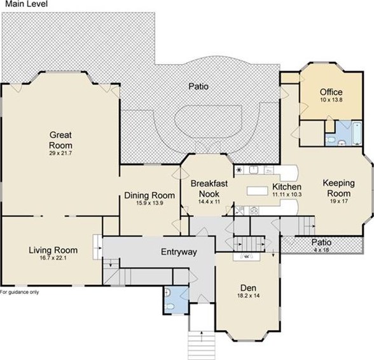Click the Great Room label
[x=60, y=140]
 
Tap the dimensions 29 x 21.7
[x=60, y=153]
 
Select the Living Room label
[x=53, y=250]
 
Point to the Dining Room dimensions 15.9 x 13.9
[x=149, y=204]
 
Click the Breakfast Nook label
[x=209, y=188]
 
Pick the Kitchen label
[x=287, y=186]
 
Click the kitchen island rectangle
[x=258, y=191]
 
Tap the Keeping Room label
[x=338, y=188]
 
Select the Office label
[x=331, y=92]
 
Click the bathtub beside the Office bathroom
[x=357, y=133]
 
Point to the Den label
[x=248, y=287]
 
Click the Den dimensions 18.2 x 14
[x=248, y=296]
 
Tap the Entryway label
[x=179, y=252]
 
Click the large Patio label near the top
[x=198, y=86]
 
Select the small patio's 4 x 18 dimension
[x=322, y=250]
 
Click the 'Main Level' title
[x=27, y=4]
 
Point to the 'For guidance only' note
[x=19, y=292]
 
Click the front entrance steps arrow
[x=202, y=336]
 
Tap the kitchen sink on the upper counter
[x=254, y=170]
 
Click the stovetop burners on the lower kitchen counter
[x=254, y=211]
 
